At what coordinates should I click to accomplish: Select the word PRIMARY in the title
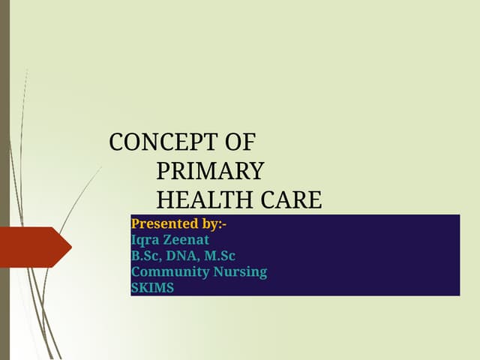point(210,172)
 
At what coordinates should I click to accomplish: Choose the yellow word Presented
point(161,223)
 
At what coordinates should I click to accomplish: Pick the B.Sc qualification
point(147,256)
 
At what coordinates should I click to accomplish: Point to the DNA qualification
point(184,256)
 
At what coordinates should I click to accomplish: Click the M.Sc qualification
point(221,256)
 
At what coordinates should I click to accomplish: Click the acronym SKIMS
point(152,287)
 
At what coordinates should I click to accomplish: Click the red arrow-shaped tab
point(34,247)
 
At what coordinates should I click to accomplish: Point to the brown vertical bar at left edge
point(4,180)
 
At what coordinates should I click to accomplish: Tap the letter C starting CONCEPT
point(116,142)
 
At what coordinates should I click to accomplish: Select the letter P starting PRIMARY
point(163,172)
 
